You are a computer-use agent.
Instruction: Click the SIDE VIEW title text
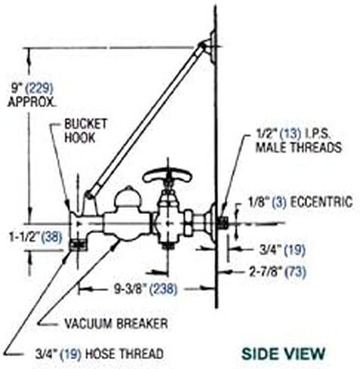click(284, 354)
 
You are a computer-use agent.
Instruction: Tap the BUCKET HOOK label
click(86, 131)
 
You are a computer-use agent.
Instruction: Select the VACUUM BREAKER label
click(116, 324)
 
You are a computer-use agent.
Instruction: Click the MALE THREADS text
click(299, 147)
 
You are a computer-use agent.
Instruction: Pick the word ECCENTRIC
click(321, 202)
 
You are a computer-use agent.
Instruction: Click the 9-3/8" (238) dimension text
click(145, 289)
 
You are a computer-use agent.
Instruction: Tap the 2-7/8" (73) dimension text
click(278, 271)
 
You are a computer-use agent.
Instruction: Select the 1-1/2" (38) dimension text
click(36, 237)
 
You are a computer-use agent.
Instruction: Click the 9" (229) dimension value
click(33, 88)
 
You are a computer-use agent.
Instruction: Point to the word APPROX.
click(32, 102)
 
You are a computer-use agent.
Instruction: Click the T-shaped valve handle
click(167, 175)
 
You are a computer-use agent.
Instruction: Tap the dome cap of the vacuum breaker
click(128, 196)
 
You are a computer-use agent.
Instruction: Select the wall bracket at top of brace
click(209, 48)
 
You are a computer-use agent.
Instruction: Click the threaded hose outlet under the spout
click(78, 245)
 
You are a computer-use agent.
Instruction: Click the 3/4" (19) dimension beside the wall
click(282, 250)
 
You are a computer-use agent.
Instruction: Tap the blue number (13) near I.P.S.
click(291, 134)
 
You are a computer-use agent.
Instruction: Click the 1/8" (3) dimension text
click(267, 202)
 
